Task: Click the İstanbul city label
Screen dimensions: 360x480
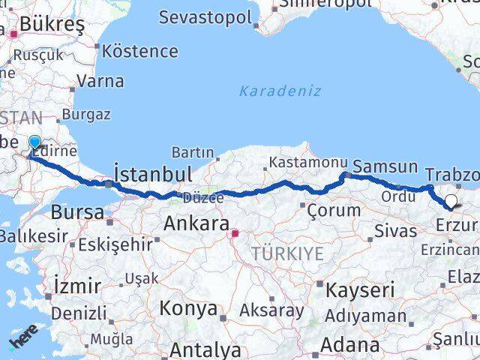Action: [152, 173]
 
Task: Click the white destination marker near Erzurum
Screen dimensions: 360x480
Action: [451, 201]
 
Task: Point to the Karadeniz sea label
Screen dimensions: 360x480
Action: [280, 91]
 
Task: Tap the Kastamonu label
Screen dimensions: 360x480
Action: [308, 162]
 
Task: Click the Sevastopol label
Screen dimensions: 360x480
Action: [205, 17]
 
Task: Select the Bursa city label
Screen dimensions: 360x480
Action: [77, 211]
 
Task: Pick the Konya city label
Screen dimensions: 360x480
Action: [188, 308]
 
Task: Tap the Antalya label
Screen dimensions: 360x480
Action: [205, 349]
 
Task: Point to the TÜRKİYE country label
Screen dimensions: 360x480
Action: [288, 253]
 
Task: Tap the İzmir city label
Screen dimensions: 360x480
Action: [77, 286]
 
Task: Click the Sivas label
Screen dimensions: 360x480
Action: [395, 229]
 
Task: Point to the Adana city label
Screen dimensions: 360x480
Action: [350, 345]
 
